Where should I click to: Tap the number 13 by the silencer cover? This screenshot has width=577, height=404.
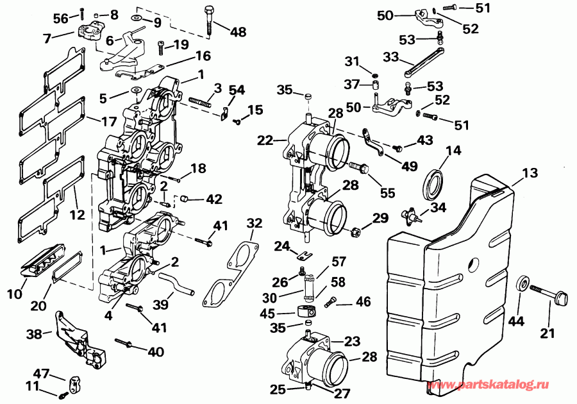point(530,173)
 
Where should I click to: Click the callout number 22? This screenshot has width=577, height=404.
point(265,140)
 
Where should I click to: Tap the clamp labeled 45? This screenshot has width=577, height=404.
point(306,312)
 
